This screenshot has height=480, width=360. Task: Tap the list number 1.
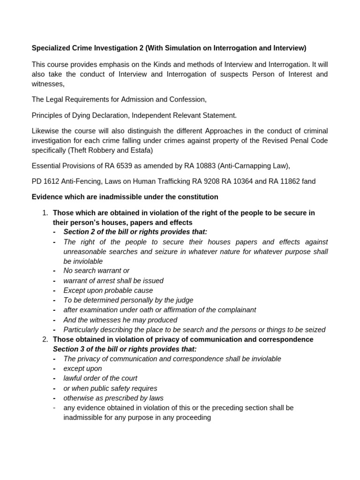pos(45,213)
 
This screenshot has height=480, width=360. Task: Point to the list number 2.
pos(45,339)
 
